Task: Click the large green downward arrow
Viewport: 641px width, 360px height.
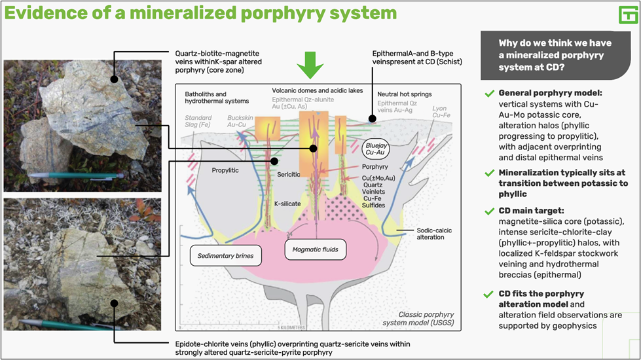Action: pyautogui.click(x=310, y=65)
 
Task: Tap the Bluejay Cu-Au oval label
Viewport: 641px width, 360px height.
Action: pyautogui.click(x=376, y=149)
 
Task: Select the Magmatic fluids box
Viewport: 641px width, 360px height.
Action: pyautogui.click(x=315, y=249)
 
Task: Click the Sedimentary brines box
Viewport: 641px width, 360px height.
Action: pyautogui.click(x=226, y=256)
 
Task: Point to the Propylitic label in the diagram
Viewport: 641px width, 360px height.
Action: pyautogui.click(x=225, y=170)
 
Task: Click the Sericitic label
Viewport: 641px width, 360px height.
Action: pyautogui.click(x=289, y=175)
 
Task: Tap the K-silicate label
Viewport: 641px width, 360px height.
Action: pyautogui.click(x=288, y=204)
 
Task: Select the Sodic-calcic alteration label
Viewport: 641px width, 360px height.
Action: pyautogui.click(x=434, y=234)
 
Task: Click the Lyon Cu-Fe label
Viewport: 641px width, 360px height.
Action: pyautogui.click(x=441, y=111)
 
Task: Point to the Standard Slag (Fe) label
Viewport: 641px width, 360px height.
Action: pyautogui.click(x=198, y=121)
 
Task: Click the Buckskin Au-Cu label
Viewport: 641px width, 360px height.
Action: pyautogui.click(x=240, y=121)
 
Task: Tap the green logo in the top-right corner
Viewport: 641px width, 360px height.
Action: pyautogui.click(x=628, y=16)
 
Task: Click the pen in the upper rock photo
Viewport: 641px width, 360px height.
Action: pyautogui.click(x=76, y=175)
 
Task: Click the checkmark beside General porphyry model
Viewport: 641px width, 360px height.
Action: pyautogui.click(x=489, y=94)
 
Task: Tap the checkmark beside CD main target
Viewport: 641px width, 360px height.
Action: pyautogui.click(x=489, y=211)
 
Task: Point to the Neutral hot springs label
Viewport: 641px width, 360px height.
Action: pyautogui.click(x=404, y=94)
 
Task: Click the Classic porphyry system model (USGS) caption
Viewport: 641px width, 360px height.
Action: pyautogui.click(x=418, y=318)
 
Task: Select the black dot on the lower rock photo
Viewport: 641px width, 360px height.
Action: pyautogui.click(x=115, y=303)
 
